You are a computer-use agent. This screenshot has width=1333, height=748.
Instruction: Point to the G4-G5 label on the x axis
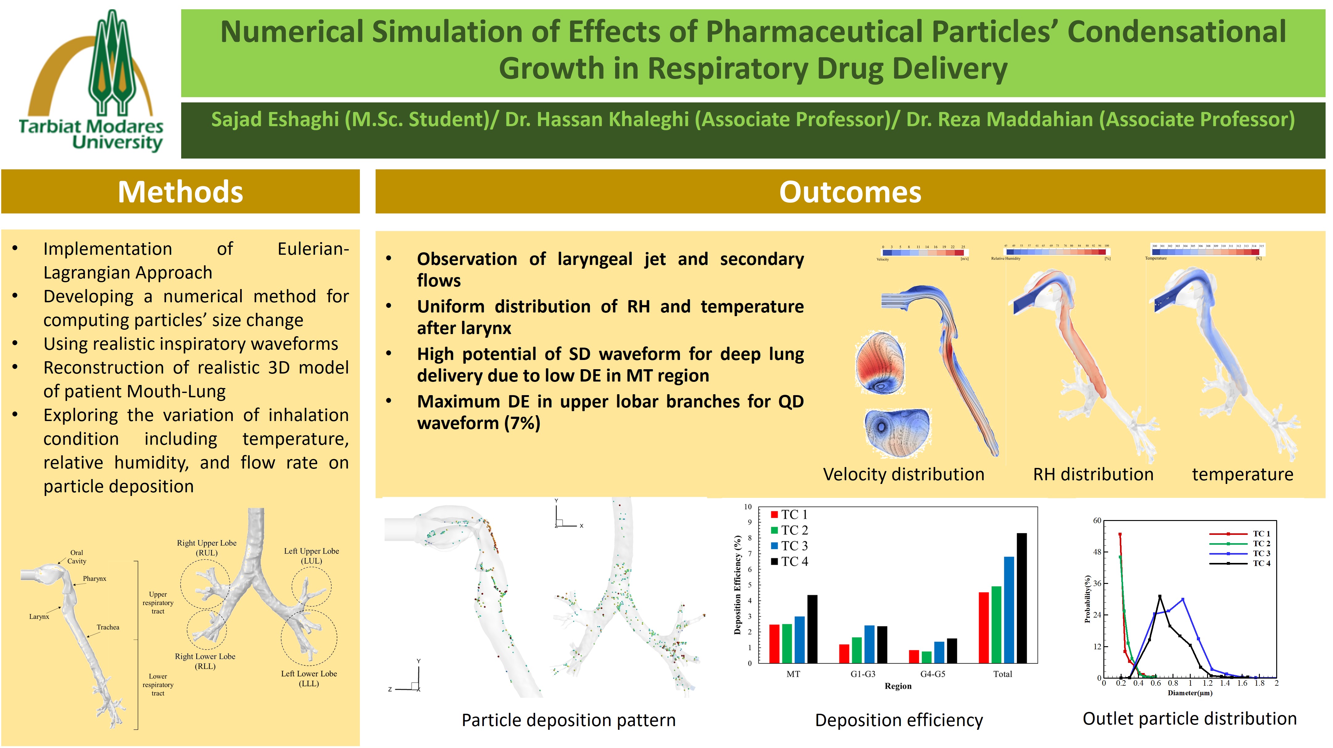point(932,674)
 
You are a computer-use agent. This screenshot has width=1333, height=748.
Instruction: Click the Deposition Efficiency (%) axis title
point(737,585)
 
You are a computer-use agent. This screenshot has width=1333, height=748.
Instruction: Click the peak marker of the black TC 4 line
point(1160,597)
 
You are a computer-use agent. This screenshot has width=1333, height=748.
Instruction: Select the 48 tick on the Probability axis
point(1097,552)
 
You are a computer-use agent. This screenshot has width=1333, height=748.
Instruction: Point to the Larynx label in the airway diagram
point(39,617)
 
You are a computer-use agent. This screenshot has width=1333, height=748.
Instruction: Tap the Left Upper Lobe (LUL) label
point(311,556)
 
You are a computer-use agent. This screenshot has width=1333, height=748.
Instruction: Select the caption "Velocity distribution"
point(903,474)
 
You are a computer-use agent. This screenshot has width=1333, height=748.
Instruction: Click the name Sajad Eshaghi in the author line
point(275,119)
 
